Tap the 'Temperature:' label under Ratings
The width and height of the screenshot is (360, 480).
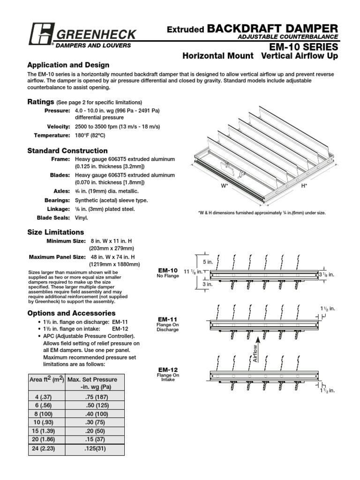(52, 135)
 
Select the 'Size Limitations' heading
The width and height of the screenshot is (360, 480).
(56, 232)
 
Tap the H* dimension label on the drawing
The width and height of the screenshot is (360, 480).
(304, 186)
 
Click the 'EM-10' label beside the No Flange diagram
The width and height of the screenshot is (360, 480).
(168, 270)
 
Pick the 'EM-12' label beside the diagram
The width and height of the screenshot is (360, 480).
(168, 370)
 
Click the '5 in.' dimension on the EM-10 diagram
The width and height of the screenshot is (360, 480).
(207, 262)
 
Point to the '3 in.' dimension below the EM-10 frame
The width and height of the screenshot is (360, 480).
(207, 284)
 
